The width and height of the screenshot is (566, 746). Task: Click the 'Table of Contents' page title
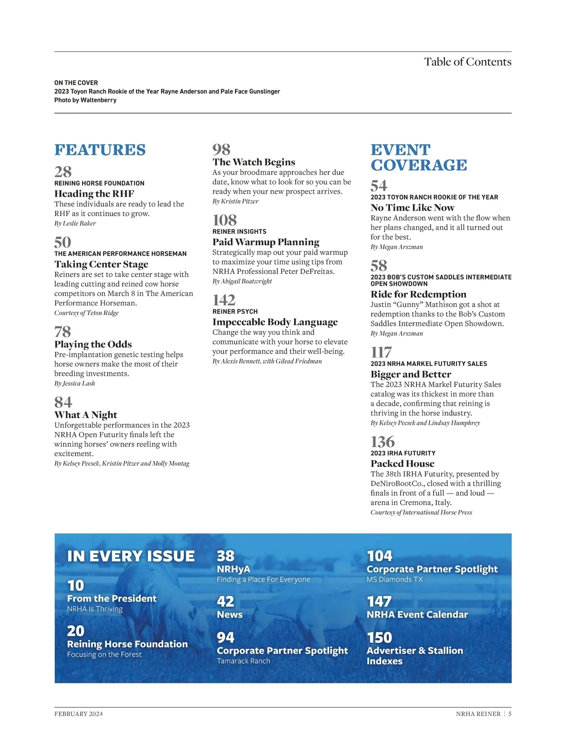(x=467, y=62)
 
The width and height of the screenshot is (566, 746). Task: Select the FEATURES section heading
(x=100, y=150)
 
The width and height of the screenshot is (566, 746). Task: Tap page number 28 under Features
(x=63, y=172)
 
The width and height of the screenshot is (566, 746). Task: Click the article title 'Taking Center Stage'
(x=101, y=264)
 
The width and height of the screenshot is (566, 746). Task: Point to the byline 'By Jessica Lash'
(x=75, y=383)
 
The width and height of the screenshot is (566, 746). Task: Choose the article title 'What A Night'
(x=86, y=415)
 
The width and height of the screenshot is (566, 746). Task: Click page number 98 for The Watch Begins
(x=221, y=149)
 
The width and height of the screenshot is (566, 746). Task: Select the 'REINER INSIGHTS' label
(x=239, y=232)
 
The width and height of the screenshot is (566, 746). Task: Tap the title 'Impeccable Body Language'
(x=275, y=322)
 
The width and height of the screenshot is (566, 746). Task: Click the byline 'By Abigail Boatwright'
(x=242, y=281)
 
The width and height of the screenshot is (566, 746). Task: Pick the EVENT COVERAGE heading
(x=418, y=157)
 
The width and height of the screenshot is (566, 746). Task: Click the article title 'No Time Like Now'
(x=412, y=208)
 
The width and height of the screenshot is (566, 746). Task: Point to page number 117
(x=381, y=352)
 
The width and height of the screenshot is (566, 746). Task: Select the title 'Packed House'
(x=402, y=464)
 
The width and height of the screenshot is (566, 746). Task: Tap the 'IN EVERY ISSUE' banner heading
(x=131, y=556)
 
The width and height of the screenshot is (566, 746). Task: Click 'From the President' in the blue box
(x=112, y=598)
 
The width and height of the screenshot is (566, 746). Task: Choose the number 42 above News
(x=225, y=601)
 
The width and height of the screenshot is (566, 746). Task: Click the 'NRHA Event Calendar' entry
(x=417, y=614)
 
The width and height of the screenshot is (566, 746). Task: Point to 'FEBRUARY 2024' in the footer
(x=78, y=713)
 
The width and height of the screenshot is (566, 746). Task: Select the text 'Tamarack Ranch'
(x=243, y=661)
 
